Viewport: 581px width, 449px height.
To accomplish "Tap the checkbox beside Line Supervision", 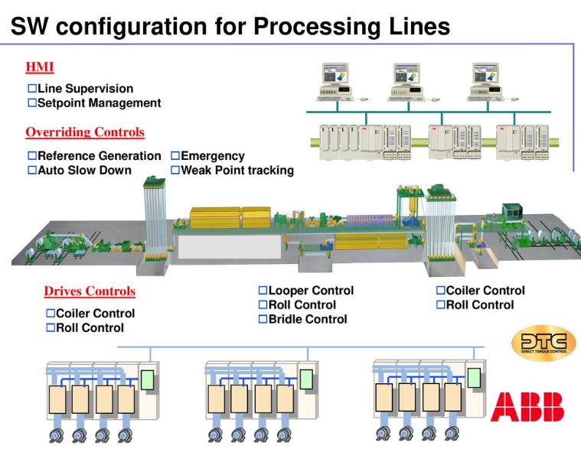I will [x=32, y=89].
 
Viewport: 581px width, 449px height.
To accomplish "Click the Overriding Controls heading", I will [x=85, y=132].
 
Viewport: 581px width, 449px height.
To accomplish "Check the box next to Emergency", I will [x=175, y=156].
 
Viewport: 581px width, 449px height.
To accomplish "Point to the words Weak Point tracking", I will [x=237, y=170].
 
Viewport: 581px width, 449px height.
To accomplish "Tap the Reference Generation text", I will [x=100, y=156].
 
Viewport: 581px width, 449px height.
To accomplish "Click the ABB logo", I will [x=527, y=407].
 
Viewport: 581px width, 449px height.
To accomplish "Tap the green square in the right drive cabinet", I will [x=474, y=377].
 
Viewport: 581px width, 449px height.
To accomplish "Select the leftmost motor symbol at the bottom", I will [x=57, y=437].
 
